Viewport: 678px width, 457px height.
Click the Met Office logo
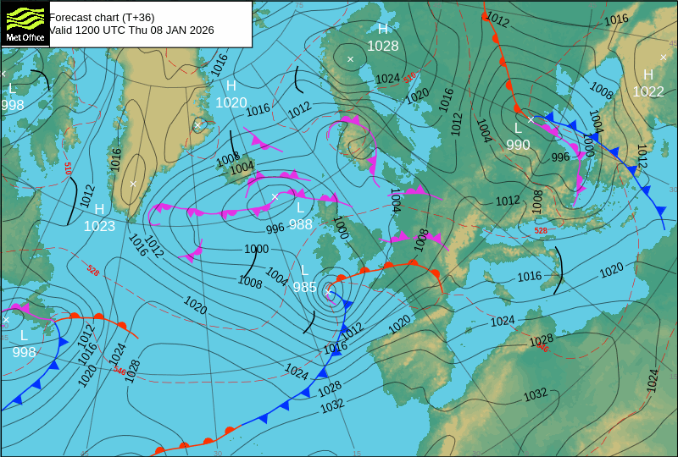tap(25, 23)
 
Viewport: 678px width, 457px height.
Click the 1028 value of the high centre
tap(382, 46)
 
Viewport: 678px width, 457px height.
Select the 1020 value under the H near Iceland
tap(231, 102)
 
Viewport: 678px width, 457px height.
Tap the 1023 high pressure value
tap(99, 226)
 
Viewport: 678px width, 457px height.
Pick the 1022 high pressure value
tap(648, 91)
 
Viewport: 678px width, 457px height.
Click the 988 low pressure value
tap(300, 224)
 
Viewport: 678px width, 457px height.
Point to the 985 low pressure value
tap(304, 287)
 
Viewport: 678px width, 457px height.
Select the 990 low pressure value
tap(518, 145)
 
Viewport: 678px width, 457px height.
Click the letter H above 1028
tap(382, 29)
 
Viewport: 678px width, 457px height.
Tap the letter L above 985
tap(304, 270)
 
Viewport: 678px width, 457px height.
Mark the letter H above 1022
tap(648, 74)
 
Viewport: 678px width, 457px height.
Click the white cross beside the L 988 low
tap(275, 196)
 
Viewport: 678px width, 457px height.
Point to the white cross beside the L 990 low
tap(531, 119)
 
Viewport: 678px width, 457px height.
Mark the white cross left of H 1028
tap(350, 58)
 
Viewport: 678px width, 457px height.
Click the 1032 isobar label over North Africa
tap(535, 394)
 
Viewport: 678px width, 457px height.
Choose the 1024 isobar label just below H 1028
tap(387, 78)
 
